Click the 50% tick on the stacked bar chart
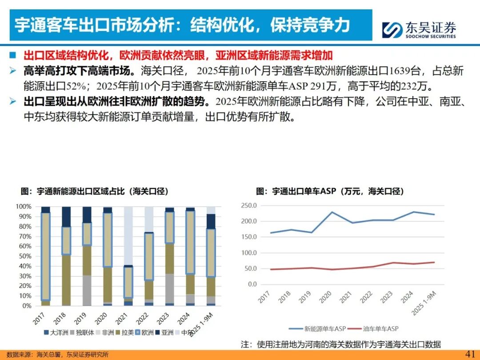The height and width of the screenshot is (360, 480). click(24, 256)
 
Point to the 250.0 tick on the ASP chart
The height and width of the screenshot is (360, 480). click(248, 205)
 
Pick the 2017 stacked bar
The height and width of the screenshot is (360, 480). click(45, 256)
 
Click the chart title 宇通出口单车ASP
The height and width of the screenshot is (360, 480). click(329, 192)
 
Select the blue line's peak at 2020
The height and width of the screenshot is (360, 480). click(332, 212)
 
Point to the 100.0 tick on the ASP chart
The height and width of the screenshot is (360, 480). click(248, 252)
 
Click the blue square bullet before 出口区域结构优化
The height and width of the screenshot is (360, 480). click(13, 56)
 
